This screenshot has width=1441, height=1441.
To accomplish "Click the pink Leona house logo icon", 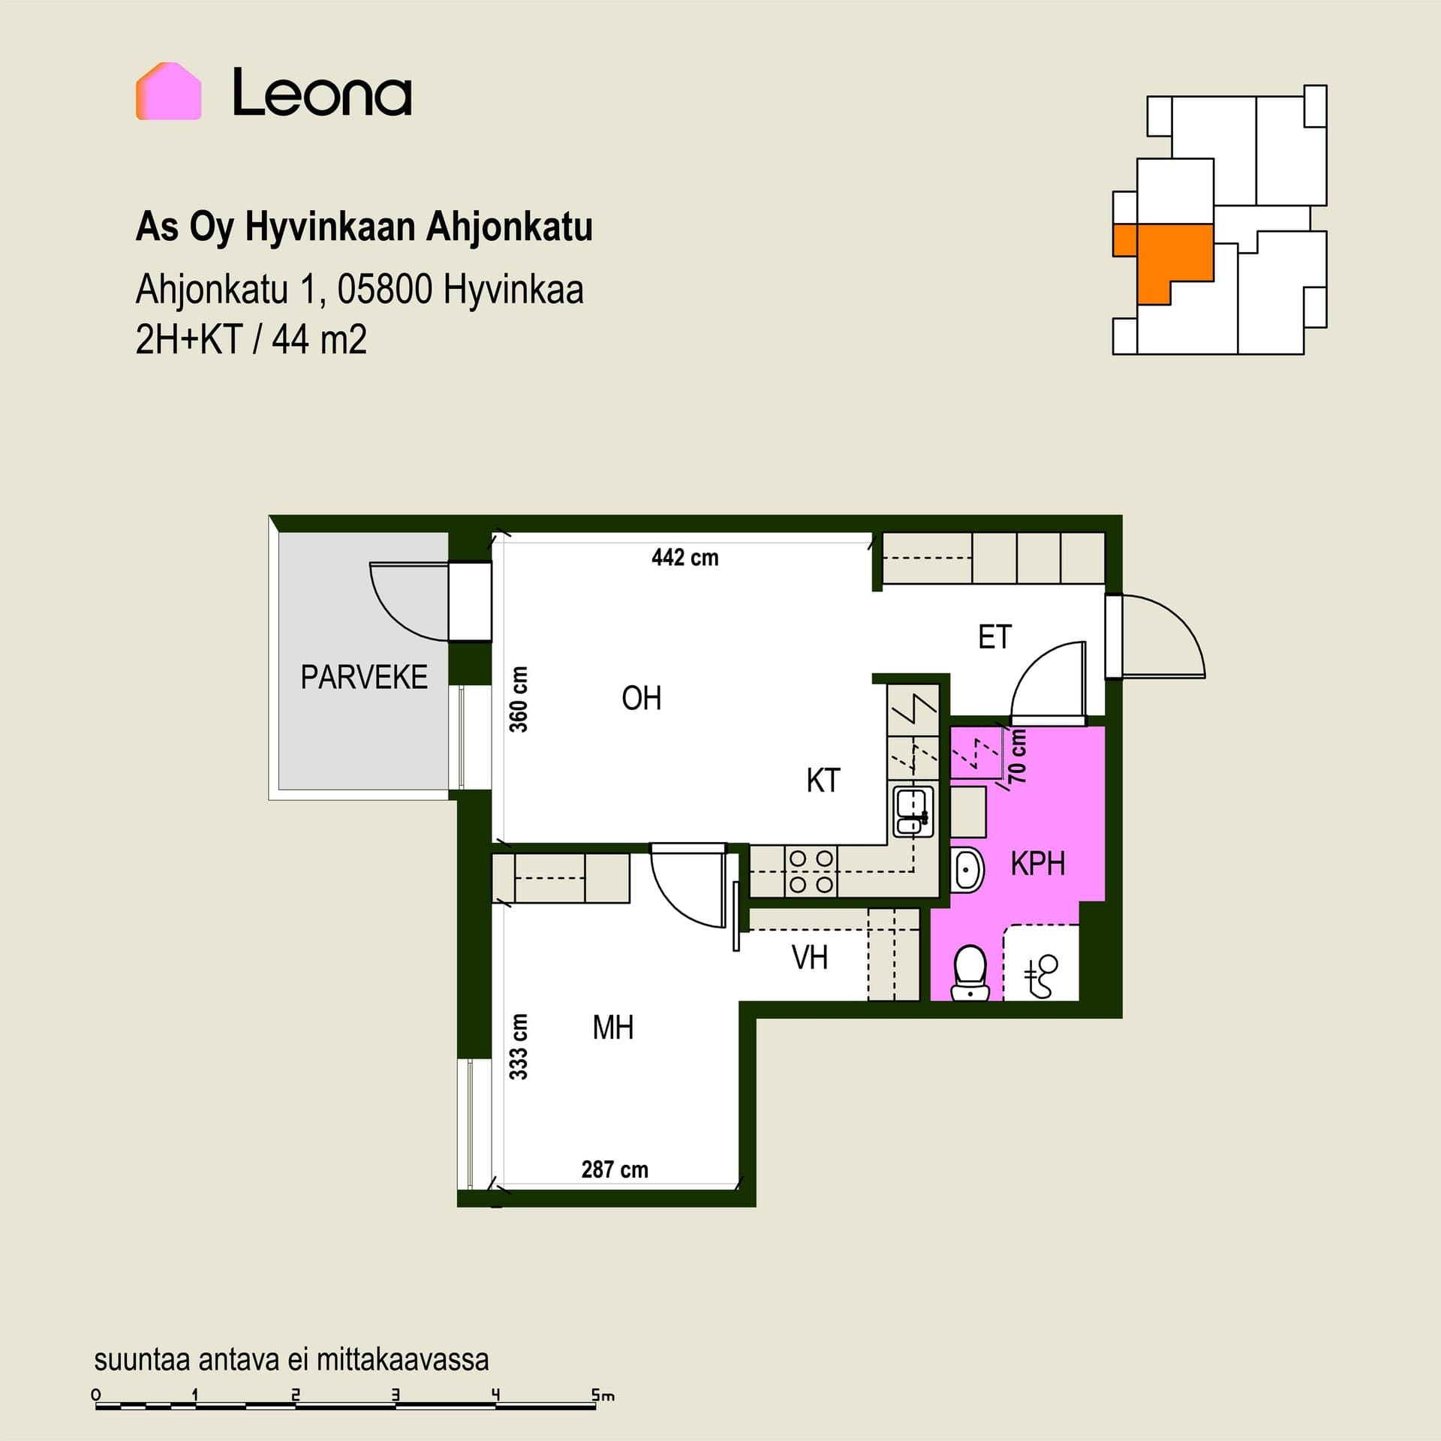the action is click(x=169, y=92).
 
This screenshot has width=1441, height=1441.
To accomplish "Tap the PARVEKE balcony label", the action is click(x=364, y=677).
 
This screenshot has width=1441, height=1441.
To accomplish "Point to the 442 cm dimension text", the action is click(x=685, y=558).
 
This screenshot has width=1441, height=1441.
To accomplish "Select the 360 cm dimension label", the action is click(x=519, y=699).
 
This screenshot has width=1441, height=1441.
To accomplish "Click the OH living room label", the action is click(x=642, y=699).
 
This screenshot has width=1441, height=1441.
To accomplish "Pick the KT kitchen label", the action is click(x=823, y=781).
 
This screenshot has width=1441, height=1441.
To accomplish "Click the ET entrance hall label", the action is click(x=995, y=637).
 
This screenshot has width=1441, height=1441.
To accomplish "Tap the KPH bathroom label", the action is click(x=1038, y=864).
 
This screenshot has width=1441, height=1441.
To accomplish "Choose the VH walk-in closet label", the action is click(x=810, y=958).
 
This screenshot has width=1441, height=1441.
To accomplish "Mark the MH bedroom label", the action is click(x=613, y=1027).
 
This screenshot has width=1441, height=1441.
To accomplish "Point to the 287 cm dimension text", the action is click(x=615, y=1169).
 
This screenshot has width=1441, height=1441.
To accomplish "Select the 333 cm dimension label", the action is click(x=519, y=1046).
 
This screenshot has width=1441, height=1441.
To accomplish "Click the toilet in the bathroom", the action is click(x=970, y=973).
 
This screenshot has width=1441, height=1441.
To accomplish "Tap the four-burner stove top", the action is click(x=811, y=871).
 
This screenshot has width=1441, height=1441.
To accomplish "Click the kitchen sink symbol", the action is click(x=913, y=811).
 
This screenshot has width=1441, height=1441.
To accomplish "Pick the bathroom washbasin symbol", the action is click(x=967, y=871).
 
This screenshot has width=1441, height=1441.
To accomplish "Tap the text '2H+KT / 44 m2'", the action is click(x=251, y=339).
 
